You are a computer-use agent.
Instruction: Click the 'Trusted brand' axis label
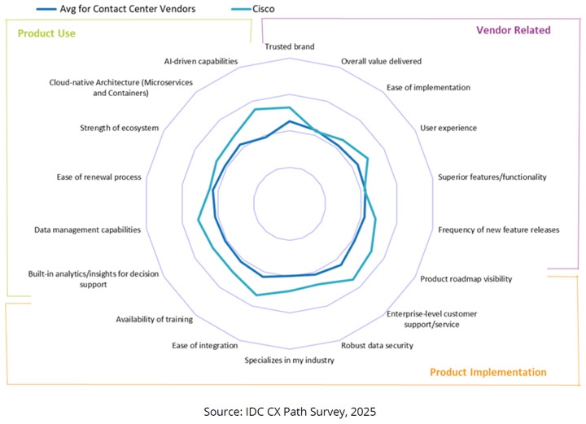(290, 46)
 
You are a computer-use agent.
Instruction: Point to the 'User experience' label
(448, 128)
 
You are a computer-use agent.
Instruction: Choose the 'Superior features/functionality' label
(492, 177)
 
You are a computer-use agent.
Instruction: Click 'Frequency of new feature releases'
(499, 229)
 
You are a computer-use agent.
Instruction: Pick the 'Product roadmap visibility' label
(466, 279)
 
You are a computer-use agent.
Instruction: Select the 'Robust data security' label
(377, 345)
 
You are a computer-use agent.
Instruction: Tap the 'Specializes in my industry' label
(290, 360)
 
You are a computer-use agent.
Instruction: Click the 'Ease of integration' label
(205, 346)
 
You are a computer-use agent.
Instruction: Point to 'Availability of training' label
(154, 319)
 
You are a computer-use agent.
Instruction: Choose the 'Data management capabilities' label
(87, 230)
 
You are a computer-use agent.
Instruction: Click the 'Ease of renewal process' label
(98, 177)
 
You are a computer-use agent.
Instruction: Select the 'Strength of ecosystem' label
(119, 128)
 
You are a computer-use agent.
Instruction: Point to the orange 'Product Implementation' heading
(488, 372)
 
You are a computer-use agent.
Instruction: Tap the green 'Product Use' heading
(47, 33)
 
